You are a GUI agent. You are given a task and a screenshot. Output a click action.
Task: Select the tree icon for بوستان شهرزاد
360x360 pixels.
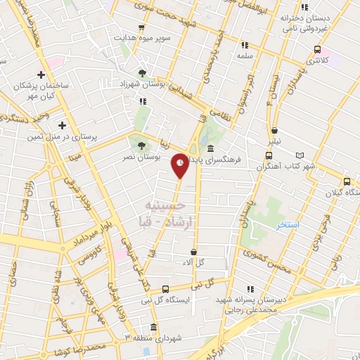(x=143, y=72)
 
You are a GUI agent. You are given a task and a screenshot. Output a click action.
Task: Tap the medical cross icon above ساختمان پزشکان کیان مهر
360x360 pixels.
(x=42, y=75)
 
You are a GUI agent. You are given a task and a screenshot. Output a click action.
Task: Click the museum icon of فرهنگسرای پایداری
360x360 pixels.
(x=211, y=148)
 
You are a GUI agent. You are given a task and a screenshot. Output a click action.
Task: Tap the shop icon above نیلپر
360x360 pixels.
(x=274, y=130)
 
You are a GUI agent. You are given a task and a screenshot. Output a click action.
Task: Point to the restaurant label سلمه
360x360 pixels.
(x=244, y=54)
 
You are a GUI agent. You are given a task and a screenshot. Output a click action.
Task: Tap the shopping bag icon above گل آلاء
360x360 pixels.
(x=194, y=251)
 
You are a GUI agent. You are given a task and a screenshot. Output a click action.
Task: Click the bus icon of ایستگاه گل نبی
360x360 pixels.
(x=165, y=288)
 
